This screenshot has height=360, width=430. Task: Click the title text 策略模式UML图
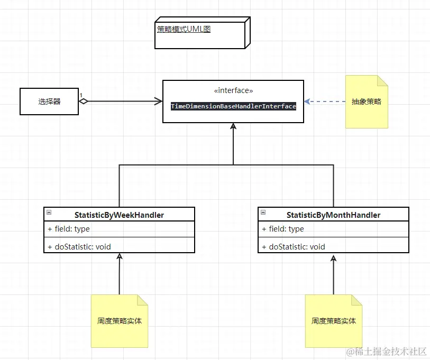[184, 30]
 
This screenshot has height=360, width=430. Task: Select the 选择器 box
[49, 101]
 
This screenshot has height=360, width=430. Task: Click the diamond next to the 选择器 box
[84, 101]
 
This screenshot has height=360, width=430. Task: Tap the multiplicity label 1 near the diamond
[81, 96]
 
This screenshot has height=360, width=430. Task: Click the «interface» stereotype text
[233, 90]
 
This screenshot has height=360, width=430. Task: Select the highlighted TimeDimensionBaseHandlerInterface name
[233, 106]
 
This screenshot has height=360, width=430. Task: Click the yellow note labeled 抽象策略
[367, 101]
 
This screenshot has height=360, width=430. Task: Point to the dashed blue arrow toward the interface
[325, 101]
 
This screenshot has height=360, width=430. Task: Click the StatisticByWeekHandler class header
[119, 215]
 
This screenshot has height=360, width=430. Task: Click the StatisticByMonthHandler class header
[333, 215]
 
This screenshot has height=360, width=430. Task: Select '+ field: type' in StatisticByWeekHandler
[69, 229]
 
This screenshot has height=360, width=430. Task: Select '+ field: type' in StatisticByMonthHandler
[283, 229]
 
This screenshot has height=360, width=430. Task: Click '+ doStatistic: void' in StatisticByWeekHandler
[79, 246]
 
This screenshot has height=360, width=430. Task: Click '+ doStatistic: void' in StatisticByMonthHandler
[293, 246]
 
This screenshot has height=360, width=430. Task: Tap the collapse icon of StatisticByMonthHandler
[263, 213]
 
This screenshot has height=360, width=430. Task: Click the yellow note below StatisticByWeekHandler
[120, 321]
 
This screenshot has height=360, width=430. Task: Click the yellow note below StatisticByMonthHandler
[334, 321]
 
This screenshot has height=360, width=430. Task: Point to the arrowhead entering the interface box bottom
[233, 126]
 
